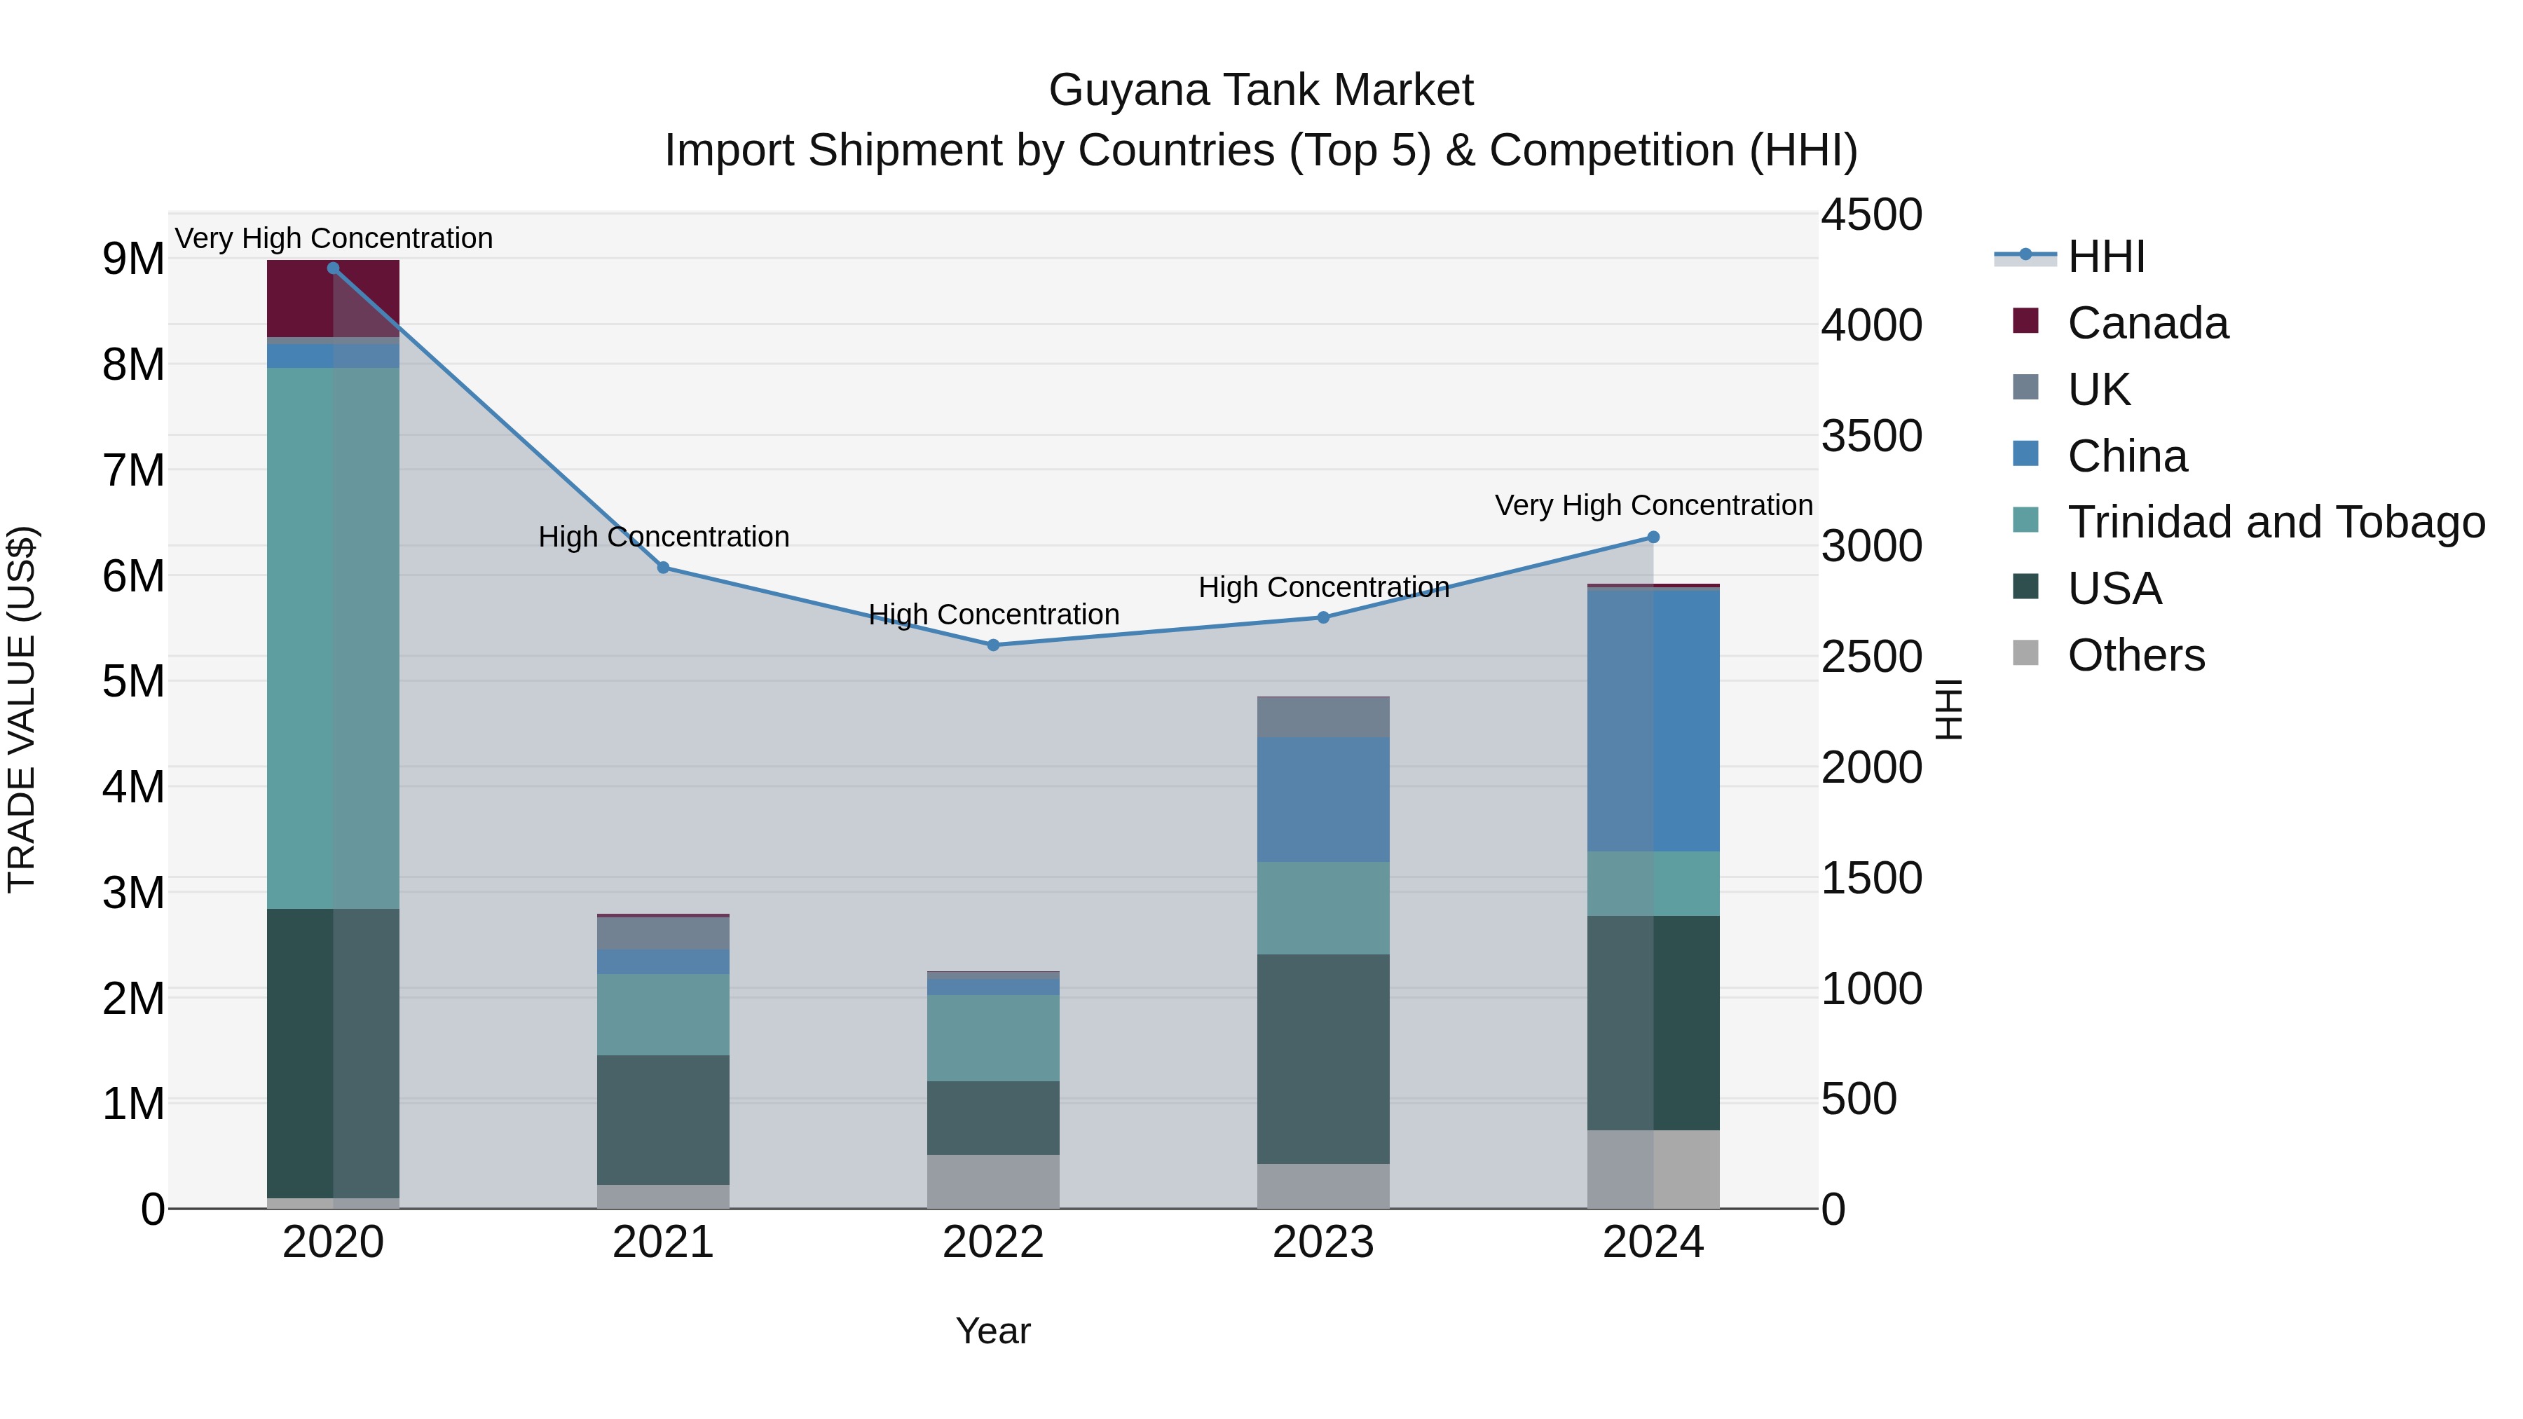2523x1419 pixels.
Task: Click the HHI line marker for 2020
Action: tap(333, 268)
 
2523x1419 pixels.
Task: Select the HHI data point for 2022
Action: tap(993, 645)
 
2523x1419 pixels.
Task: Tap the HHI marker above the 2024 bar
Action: tap(1653, 537)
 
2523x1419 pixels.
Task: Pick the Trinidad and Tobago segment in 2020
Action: tap(333, 636)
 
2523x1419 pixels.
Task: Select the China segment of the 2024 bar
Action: tap(1653, 720)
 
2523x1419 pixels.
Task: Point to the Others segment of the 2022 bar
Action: tap(993, 1181)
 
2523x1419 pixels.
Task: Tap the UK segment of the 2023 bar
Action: tap(1323, 718)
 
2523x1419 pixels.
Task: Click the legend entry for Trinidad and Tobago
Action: tap(2275, 522)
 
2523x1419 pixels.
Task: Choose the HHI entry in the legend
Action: tap(2106, 256)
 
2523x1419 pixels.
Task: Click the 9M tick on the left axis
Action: tap(133, 259)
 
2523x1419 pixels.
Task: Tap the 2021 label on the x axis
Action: tap(663, 1242)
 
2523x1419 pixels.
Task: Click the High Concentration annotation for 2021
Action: tap(663, 537)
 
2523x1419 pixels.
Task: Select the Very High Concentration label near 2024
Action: tap(1653, 505)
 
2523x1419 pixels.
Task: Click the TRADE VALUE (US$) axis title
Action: tap(22, 710)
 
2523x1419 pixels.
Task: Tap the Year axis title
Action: tap(993, 1331)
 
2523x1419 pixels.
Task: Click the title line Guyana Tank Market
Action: tap(1261, 90)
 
